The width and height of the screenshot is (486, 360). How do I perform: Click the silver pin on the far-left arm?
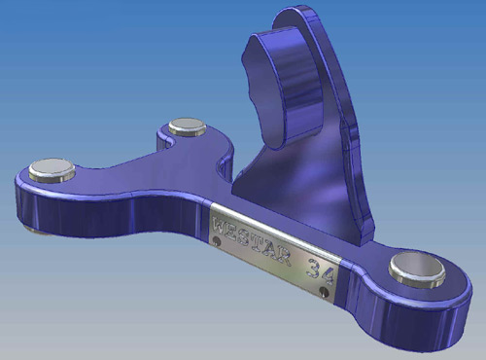coord(52,170)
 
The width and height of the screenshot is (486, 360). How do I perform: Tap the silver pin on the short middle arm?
coord(188,126)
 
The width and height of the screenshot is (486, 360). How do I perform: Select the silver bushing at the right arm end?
coord(417,270)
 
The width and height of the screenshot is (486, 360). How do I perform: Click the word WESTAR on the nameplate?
coord(252,240)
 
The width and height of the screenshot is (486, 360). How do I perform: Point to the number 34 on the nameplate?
coord(320,271)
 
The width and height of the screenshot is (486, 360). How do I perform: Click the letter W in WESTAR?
coord(221,226)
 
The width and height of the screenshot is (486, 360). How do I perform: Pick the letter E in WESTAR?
coord(234,232)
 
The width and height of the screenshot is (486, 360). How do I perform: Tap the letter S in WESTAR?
coord(246,236)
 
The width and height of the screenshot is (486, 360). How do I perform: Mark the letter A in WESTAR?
coord(270,249)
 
